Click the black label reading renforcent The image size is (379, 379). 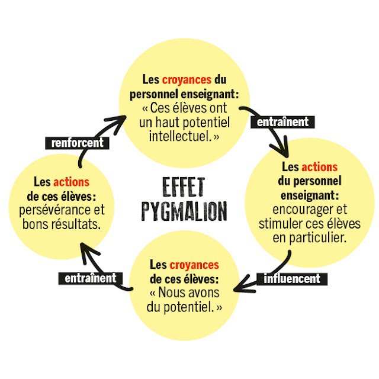(78, 143)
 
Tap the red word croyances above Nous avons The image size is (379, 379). (194, 265)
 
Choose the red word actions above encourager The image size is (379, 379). (319, 168)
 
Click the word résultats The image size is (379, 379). (78, 225)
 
